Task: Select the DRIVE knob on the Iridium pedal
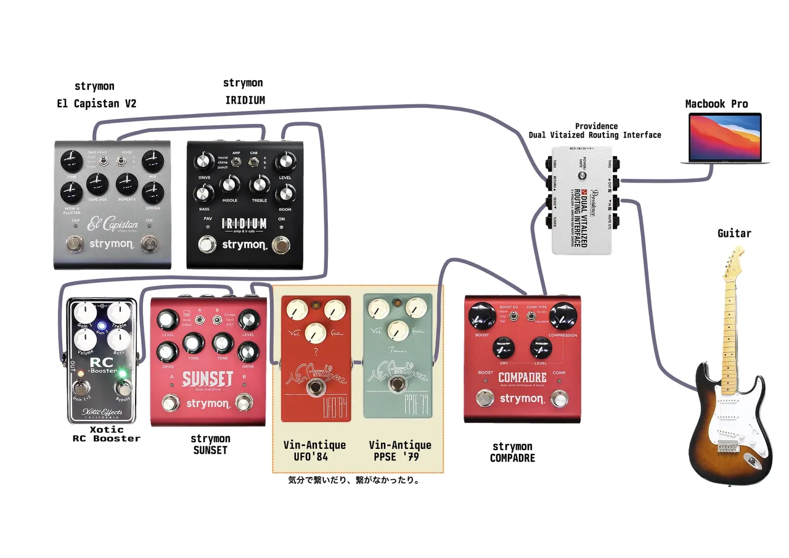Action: click(203, 163)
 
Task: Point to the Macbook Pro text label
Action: click(716, 104)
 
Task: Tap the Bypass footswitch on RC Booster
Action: click(123, 390)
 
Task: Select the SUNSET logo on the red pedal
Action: click(207, 378)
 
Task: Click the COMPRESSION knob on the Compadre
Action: click(562, 316)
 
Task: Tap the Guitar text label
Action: click(734, 234)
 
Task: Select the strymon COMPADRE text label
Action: click(512, 452)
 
